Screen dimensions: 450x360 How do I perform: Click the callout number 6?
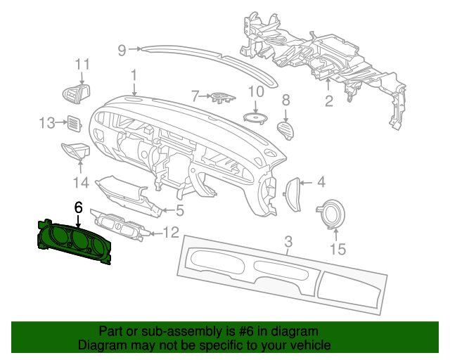point(78,207)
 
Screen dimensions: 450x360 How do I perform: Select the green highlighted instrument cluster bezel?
point(74,241)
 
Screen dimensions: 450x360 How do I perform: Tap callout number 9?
point(122,50)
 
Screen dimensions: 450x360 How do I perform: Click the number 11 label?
point(82,64)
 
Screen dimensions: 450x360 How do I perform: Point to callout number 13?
point(47,123)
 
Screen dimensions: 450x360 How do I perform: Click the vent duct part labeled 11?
point(77,94)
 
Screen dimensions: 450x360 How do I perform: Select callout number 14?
point(81,183)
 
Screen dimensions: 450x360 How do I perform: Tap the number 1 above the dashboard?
point(134,75)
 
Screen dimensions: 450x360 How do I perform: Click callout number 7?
point(195,96)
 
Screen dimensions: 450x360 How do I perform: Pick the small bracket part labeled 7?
point(223,98)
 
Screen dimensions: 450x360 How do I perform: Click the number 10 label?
point(256,91)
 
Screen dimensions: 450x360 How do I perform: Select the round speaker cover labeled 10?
point(255,118)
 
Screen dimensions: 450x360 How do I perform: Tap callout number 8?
point(286,100)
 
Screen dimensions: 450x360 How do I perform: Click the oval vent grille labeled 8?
point(286,131)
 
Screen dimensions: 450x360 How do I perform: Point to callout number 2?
point(329,101)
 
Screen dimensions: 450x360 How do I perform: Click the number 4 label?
point(321,182)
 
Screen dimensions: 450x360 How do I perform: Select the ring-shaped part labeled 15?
point(331,214)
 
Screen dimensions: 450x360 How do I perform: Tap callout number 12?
point(171,233)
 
